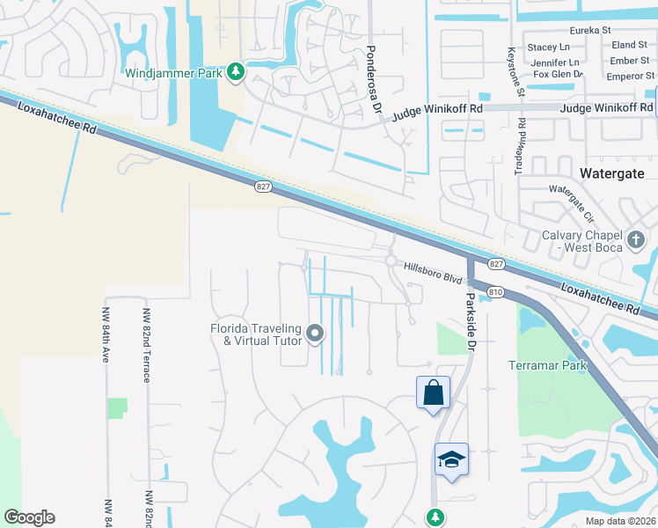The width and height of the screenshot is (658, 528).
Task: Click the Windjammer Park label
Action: click(x=173, y=73)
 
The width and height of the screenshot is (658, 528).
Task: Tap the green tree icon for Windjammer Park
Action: click(x=235, y=72)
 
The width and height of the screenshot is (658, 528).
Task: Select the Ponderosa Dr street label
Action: click(x=374, y=79)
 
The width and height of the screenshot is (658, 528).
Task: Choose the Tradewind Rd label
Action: click(x=519, y=147)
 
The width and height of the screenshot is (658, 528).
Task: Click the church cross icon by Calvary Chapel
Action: click(x=636, y=238)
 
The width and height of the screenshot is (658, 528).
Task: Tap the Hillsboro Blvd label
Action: click(x=434, y=272)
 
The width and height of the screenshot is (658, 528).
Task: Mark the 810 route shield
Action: click(x=495, y=291)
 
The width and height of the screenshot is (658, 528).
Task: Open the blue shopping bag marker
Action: click(x=434, y=392)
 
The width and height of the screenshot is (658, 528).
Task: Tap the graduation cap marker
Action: click(x=451, y=458)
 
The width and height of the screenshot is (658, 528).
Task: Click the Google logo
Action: click(x=29, y=517)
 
